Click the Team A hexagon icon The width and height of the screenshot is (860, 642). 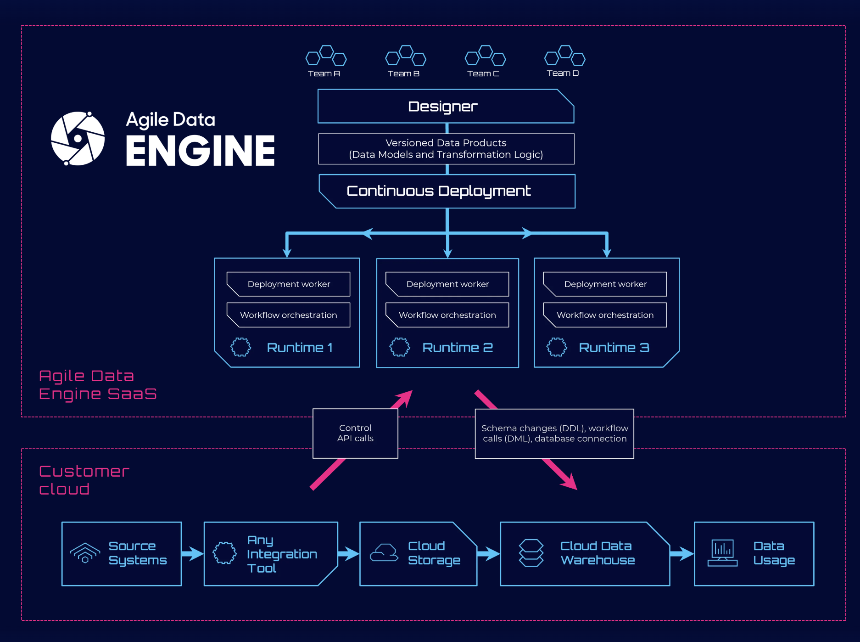pos(326,56)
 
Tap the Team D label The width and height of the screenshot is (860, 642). pos(563,73)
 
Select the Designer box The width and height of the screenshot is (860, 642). pos(445,107)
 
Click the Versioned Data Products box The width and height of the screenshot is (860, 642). pos(446,149)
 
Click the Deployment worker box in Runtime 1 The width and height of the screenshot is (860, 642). pos(289,284)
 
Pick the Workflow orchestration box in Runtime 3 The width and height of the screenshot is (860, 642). pos(605,315)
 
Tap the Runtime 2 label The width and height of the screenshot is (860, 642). pos(458,348)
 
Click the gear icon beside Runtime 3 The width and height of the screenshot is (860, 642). pos(557,347)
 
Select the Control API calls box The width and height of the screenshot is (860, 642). pos(355,434)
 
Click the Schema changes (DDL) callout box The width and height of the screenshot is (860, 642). pos(554,434)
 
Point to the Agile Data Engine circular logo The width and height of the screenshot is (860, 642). pos(78,138)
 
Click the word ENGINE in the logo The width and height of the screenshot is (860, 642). pos(200,151)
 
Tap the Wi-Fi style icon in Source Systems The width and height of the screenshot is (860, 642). pos(85,553)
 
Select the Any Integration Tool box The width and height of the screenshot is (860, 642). pos(271,554)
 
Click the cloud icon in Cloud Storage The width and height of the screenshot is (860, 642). pos(384,553)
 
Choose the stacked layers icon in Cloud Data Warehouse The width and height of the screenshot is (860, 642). pos(531,553)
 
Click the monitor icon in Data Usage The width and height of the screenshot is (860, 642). pos(722,553)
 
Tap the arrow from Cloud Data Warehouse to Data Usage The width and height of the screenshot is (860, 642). pos(682,554)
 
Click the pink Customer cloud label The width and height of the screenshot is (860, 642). pos(84,480)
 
